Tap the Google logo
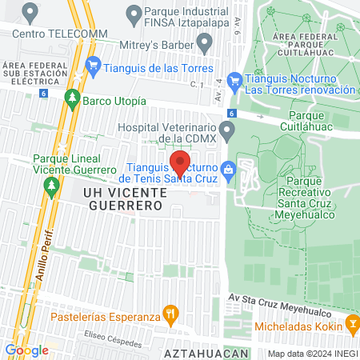(26, 350)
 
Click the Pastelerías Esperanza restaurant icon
(169, 313)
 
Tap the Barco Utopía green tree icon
(72, 101)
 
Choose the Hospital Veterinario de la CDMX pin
(227, 129)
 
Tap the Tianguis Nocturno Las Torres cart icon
(234, 80)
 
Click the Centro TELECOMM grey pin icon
(30, 13)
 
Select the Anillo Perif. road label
(47, 251)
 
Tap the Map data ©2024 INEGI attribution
(312, 353)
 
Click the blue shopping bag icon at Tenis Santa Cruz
(228, 169)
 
